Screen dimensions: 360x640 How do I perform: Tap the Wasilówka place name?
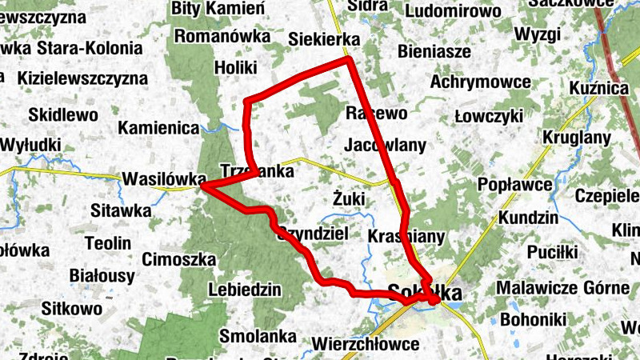point(164,179)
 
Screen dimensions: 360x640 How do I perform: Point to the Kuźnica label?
point(601,88)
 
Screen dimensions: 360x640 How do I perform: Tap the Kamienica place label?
point(158,127)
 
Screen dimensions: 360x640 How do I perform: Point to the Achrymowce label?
point(480,82)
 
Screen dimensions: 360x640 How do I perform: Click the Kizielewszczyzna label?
point(82,78)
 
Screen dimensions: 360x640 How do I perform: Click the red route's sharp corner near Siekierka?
point(349,60)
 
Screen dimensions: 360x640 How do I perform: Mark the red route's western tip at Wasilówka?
point(203,187)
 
